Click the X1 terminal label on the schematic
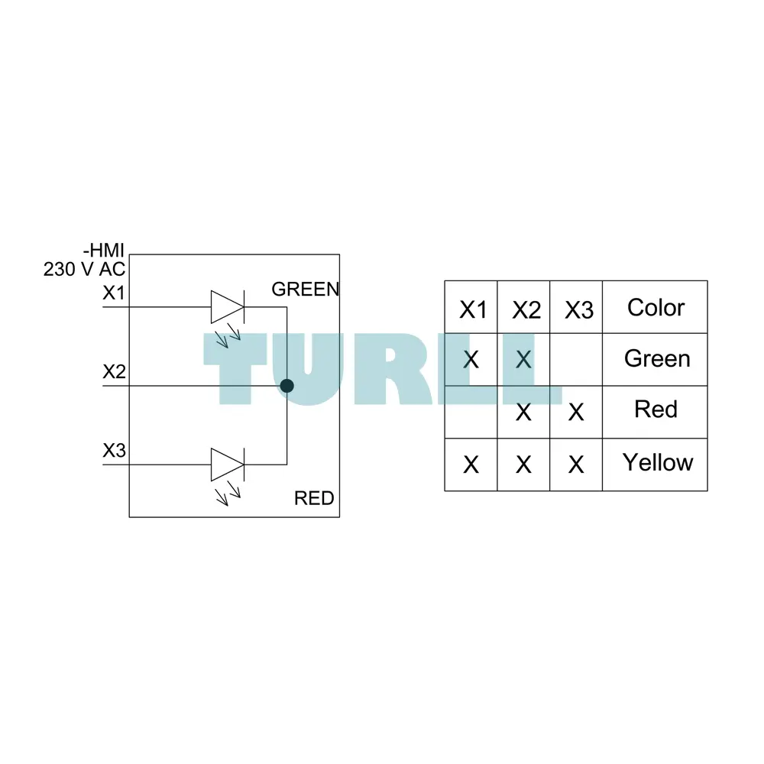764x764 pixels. [114, 293]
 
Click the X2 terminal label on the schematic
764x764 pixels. [114, 372]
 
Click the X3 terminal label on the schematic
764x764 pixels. [114, 451]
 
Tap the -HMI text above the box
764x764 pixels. [104, 251]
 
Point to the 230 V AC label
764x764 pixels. [84, 269]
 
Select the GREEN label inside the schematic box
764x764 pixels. [306, 290]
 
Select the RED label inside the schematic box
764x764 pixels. [314, 498]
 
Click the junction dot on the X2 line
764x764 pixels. [287, 386]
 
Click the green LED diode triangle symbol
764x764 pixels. [228, 307]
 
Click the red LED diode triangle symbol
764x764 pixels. [228, 465]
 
